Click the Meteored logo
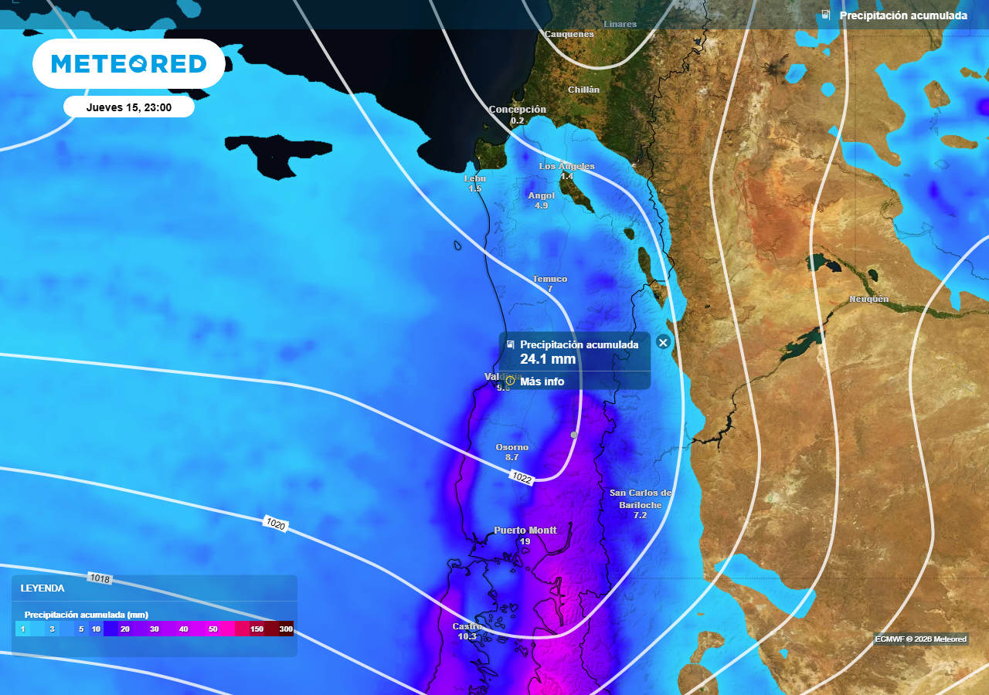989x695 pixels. tap(129, 63)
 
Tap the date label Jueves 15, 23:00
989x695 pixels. tap(129, 107)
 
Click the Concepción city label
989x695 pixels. tap(518, 110)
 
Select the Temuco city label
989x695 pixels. tap(549, 279)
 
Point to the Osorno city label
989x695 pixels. tap(512, 447)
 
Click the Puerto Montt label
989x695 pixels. tap(525, 531)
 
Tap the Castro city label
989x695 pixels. tap(467, 626)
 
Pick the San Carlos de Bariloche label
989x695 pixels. tap(640, 499)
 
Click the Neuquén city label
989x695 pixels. tap(869, 299)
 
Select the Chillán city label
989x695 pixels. tap(583, 90)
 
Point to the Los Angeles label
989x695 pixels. tap(566, 166)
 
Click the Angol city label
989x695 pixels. tap(541, 195)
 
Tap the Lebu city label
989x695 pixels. tap(475, 178)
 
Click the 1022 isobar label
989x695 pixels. tap(522, 479)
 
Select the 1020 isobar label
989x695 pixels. tap(276, 524)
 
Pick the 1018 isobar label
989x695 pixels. tap(100, 578)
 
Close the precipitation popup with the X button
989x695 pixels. tap(662, 342)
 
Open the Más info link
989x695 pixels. tap(542, 381)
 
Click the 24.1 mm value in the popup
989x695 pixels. tap(548, 359)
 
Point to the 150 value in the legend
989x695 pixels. tap(257, 629)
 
